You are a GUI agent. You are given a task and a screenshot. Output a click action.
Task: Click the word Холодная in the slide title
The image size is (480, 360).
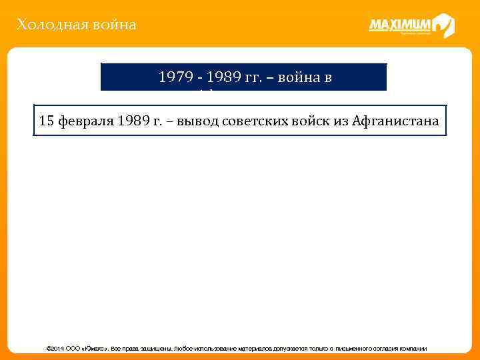click(x=45, y=25)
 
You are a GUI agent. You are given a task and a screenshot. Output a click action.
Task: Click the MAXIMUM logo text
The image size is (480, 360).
click(x=400, y=26)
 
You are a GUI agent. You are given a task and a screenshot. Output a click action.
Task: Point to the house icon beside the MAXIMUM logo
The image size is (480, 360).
click(x=443, y=26)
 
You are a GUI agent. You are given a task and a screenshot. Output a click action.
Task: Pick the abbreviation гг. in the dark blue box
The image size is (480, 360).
click(x=259, y=77)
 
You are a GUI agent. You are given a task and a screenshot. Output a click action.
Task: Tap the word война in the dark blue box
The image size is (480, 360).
click(x=303, y=77)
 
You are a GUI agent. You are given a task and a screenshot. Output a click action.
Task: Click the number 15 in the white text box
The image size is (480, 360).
click(x=47, y=121)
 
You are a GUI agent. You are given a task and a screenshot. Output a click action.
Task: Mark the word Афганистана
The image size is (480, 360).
click(x=399, y=121)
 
